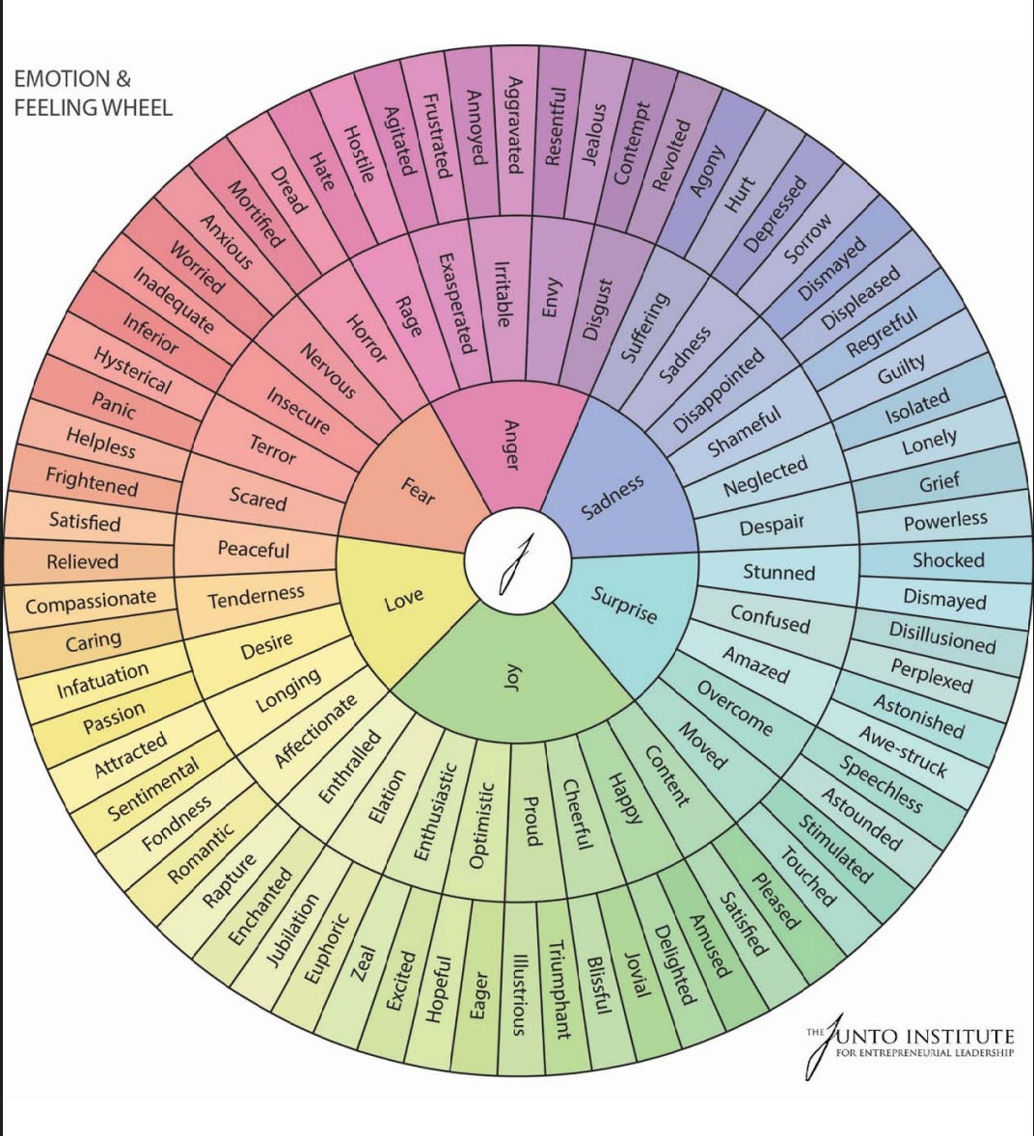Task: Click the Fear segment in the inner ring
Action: pyautogui.click(x=417, y=492)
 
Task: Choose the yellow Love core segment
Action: pyautogui.click(x=403, y=600)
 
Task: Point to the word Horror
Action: pyautogui.click(x=366, y=338)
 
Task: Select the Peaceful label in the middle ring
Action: pyautogui.click(x=253, y=550)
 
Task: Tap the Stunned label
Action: pyautogui.click(x=778, y=572)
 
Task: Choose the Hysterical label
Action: pyautogui.click(x=132, y=370)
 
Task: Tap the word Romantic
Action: pyautogui.click(x=201, y=853)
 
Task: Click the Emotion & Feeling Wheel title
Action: pyautogui.click(x=93, y=93)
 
